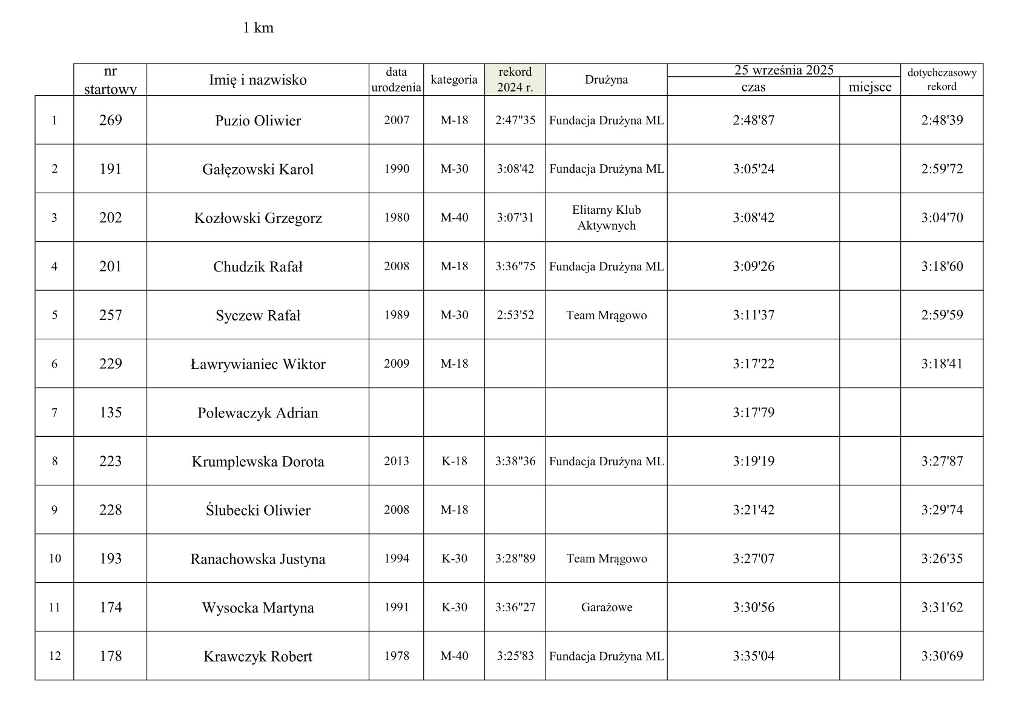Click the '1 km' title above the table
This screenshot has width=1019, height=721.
point(258,28)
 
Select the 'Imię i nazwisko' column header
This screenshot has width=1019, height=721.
point(258,80)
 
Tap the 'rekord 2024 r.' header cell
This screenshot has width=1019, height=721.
point(515,79)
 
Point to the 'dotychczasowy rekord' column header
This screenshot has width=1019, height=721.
point(942,79)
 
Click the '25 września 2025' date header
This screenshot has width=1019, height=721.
point(783,70)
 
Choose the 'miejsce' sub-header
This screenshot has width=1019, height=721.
point(869,87)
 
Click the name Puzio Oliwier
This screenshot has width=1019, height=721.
point(258,121)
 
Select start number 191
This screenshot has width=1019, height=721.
point(110,169)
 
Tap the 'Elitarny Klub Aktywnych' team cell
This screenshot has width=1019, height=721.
point(606,218)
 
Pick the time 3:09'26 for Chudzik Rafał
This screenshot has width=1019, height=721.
point(753,267)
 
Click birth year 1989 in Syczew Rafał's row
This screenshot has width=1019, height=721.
point(396,315)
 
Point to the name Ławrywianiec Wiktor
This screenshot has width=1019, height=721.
point(258,364)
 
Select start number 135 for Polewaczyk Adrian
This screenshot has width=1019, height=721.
point(110,413)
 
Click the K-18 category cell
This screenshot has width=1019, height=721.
point(454,461)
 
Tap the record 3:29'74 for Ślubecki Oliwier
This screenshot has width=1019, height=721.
point(942,510)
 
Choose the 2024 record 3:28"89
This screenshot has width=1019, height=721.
point(515,559)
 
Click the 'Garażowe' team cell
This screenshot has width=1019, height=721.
point(606,607)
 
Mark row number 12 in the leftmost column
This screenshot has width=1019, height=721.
point(54,656)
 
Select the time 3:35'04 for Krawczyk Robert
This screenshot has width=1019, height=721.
point(753,656)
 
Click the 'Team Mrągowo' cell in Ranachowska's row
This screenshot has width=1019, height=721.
point(606,559)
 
